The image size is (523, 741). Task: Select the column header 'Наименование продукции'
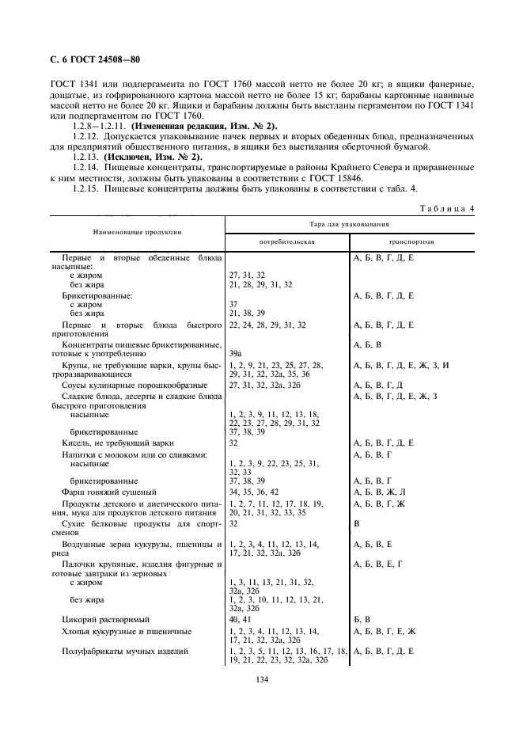tap(138, 232)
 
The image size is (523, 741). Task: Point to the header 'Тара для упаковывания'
tap(349, 225)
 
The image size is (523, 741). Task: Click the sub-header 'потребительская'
tap(287, 241)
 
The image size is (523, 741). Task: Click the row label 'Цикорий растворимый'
tap(106, 618)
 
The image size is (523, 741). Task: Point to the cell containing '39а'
tap(235, 353)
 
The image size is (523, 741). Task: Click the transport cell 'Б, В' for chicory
tap(362, 618)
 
